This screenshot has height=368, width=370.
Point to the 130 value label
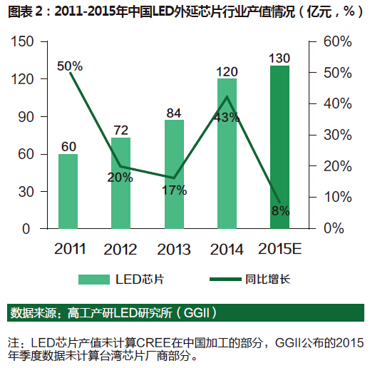click(279, 57)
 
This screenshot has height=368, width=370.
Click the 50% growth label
click(70, 66)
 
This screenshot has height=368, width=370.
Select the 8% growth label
click(280, 210)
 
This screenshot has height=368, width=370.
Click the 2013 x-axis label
click(174, 250)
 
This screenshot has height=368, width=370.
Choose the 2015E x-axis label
click(279, 250)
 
